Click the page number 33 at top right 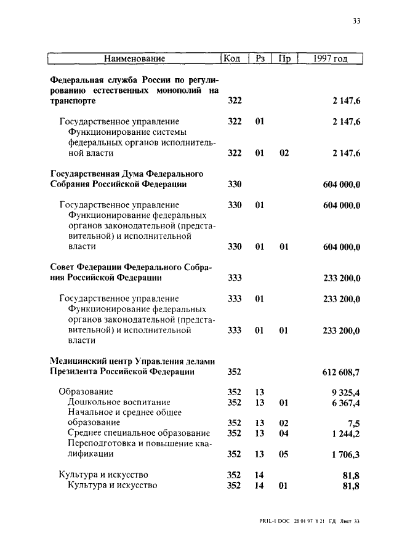pyautogui.click(x=356, y=20)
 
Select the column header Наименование pyautogui.click(x=135, y=58)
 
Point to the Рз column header pyautogui.click(x=260, y=58)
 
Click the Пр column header pyautogui.click(x=284, y=58)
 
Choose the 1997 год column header pyautogui.click(x=330, y=58)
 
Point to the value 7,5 pyautogui.click(x=353, y=423)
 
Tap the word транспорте pyautogui.click(x=73, y=101)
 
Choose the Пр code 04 pyautogui.click(x=284, y=433)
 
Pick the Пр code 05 pyautogui.click(x=284, y=454)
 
